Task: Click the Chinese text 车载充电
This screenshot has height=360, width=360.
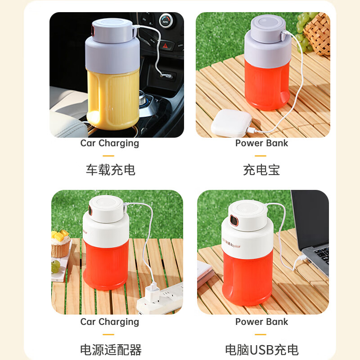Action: coord(110,170)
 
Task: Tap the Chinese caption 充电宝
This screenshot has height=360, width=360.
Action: coord(261,170)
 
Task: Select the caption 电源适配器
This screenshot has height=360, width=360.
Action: coord(110,349)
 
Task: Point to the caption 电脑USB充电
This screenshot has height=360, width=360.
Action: coord(261,349)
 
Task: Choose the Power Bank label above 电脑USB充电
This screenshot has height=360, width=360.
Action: coord(261,322)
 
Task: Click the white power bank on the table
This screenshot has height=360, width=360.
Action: coord(231,122)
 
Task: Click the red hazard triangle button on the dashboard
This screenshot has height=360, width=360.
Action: coord(166,45)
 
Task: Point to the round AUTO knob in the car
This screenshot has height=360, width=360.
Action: coord(166,21)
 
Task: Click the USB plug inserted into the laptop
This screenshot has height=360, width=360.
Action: coord(300,260)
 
